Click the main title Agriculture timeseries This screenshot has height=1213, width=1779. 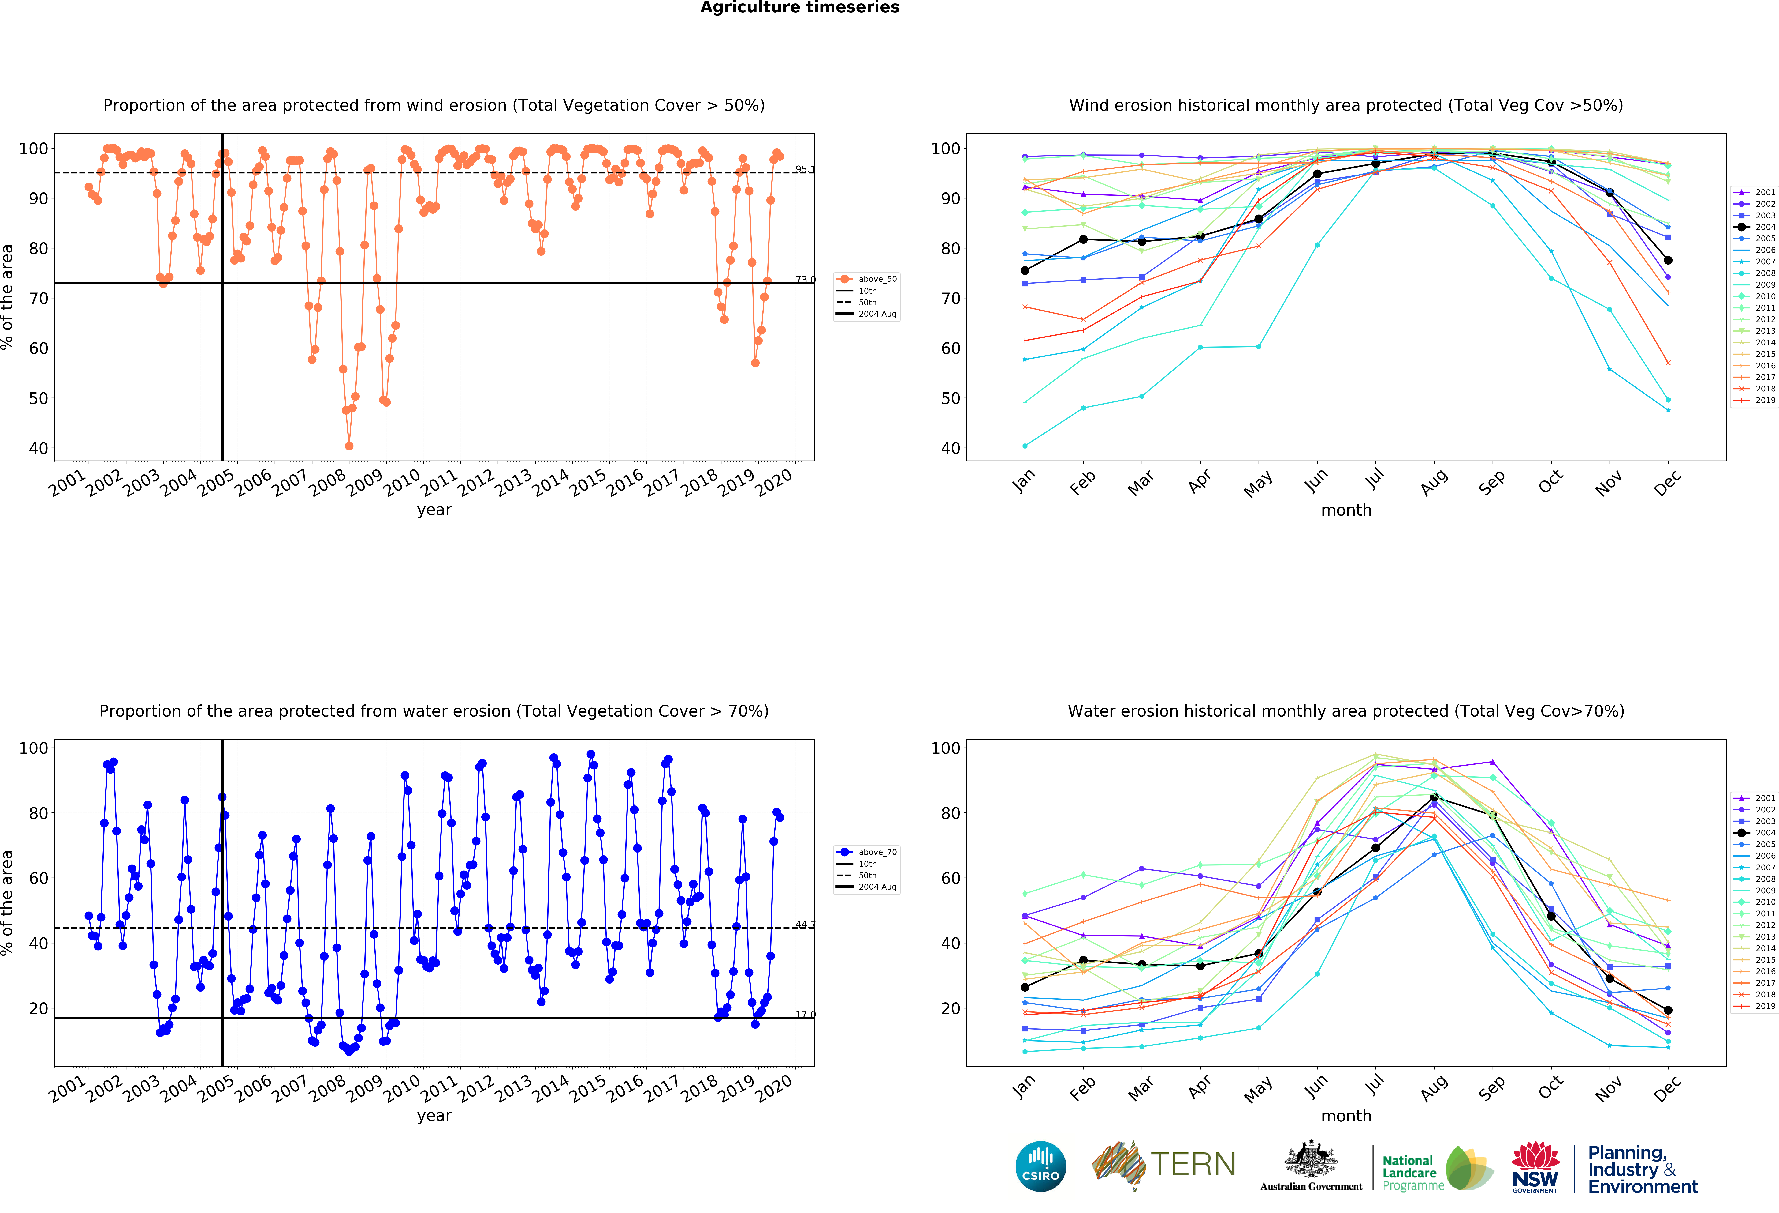pos(800,8)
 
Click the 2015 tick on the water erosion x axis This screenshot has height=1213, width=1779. pos(588,1088)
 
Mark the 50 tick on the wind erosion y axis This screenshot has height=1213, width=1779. pos(38,398)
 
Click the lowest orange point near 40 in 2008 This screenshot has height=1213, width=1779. pos(349,446)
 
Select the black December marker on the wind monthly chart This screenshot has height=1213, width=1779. pos(1668,260)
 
